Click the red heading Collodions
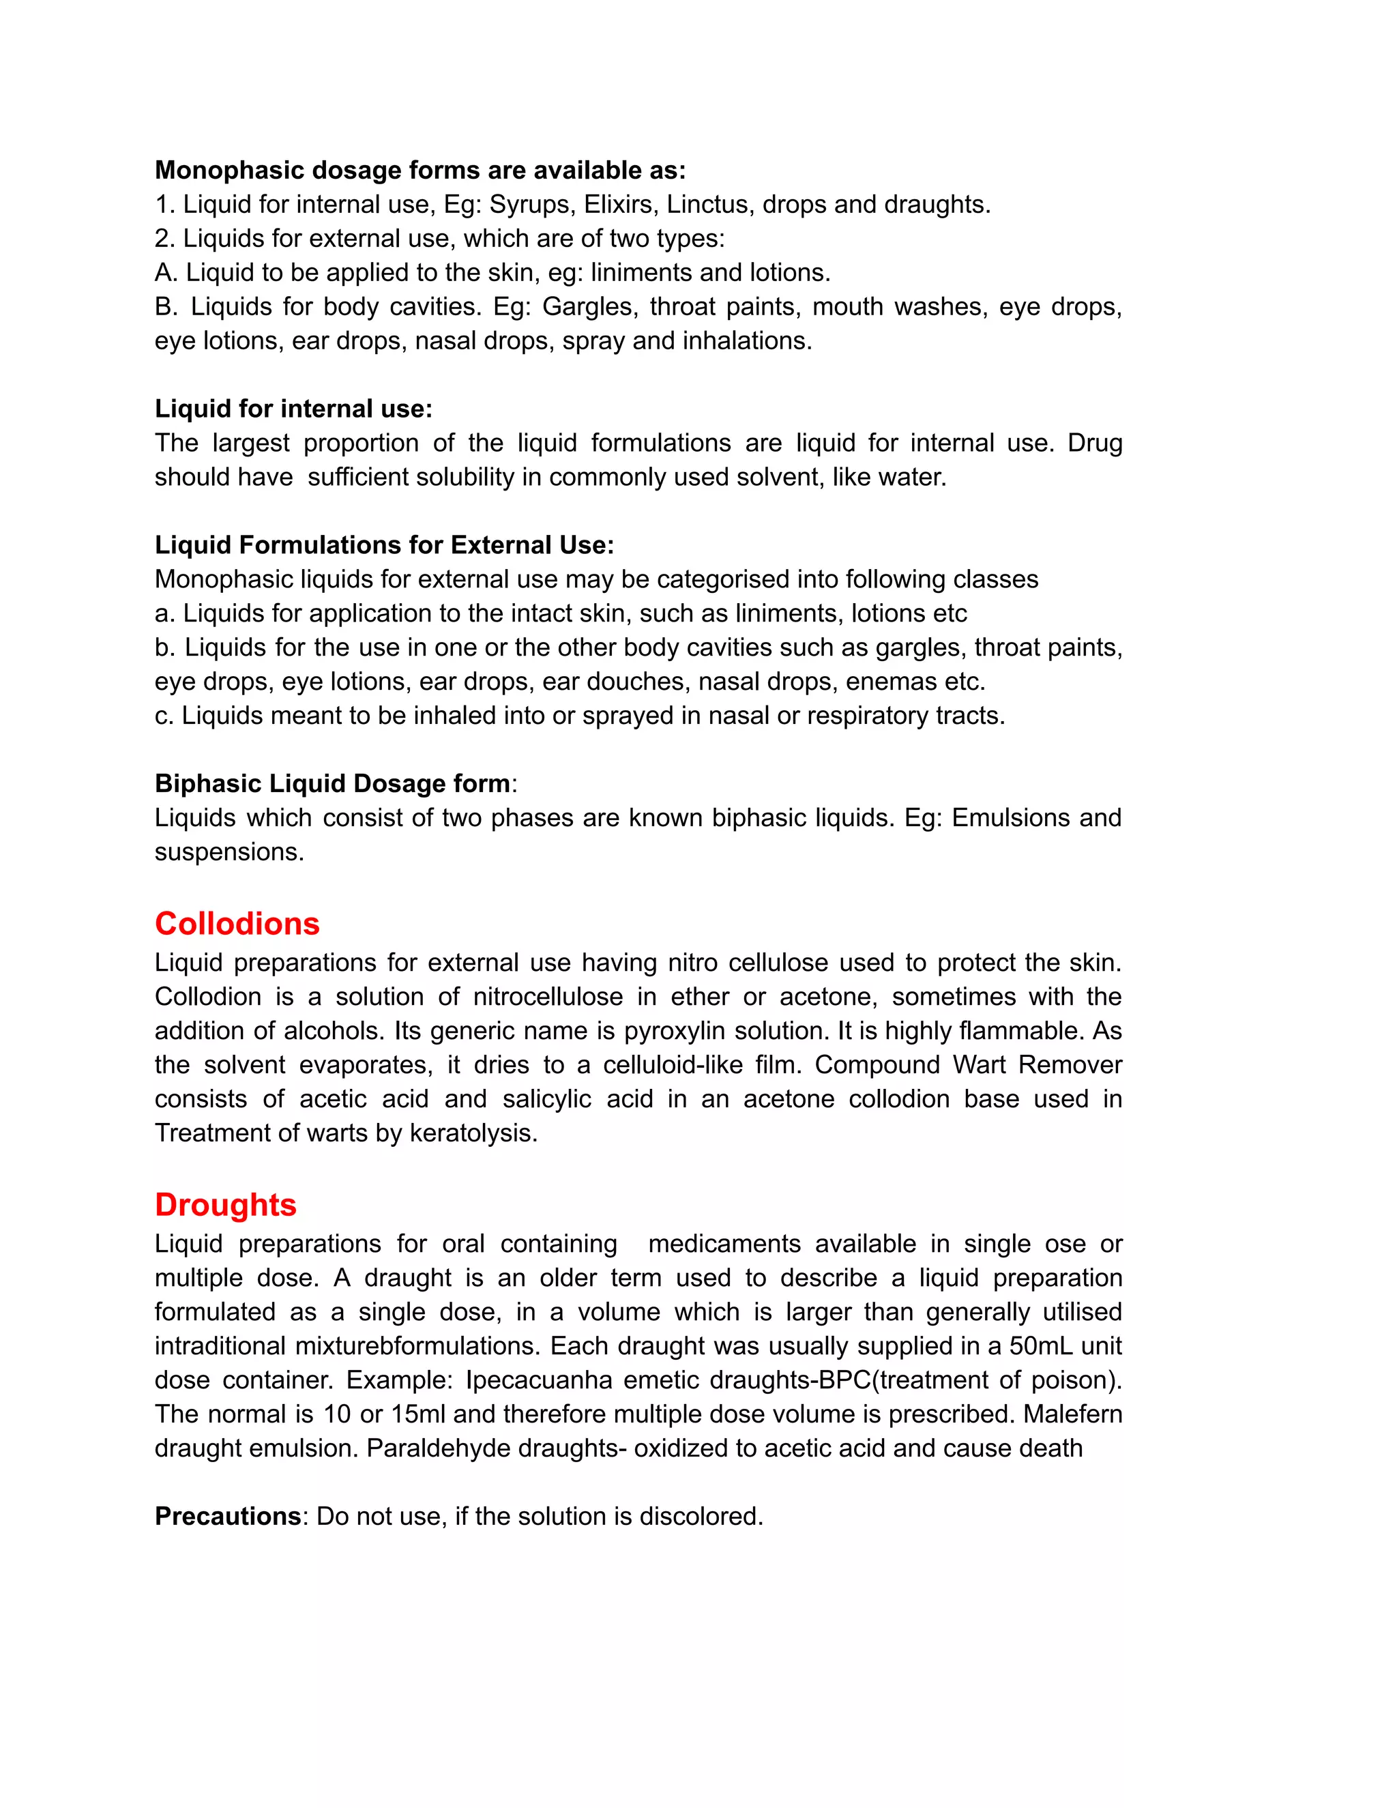[x=237, y=924]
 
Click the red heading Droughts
[x=225, y=1204]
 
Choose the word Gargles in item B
[x=590, y=307]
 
